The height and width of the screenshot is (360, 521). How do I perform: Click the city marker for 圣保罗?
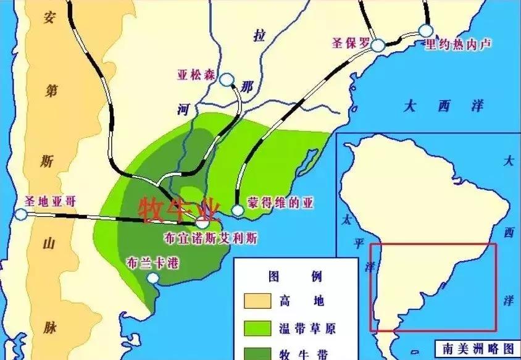[378, 44]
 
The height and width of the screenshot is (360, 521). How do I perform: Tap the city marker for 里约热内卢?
[425, 30]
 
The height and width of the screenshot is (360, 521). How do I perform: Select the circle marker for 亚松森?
[227, 80]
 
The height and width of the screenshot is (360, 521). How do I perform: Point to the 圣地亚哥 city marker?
[21, 214]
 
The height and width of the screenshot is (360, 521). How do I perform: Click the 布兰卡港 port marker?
[152, 278]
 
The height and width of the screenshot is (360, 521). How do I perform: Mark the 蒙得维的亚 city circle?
[238, 211]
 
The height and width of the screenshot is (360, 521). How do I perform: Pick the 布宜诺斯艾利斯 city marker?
[201, 222]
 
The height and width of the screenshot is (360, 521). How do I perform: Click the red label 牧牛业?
[179, 210]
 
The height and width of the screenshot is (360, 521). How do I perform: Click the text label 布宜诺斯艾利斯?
[210, 238]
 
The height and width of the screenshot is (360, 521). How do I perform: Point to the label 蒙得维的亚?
[276, 203]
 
